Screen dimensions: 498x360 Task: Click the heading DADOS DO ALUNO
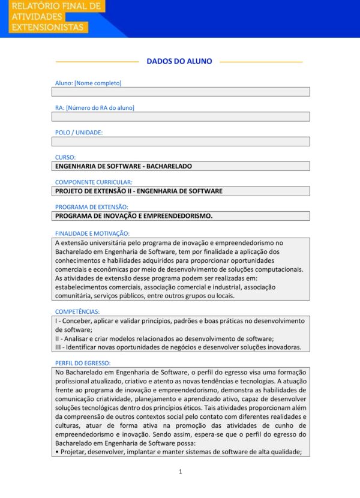coord(179,61)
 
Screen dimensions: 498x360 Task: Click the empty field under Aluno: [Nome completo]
coord(181,92)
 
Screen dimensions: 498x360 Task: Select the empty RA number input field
coord(181,116)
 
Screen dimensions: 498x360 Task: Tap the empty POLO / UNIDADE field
coord(181,142)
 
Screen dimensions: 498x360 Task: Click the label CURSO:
coord(65,157)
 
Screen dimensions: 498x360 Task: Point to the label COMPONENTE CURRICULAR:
coord(94,182)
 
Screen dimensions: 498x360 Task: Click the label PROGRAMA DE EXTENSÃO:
coord(92,207)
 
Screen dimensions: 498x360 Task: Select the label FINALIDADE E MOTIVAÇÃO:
coord(92,233)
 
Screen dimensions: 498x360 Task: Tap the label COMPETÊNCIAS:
coord(77,311)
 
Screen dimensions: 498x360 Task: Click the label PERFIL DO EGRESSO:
coord(83,363)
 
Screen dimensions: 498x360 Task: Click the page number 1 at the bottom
coord(180,472)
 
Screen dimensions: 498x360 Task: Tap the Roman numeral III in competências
coord(58,347)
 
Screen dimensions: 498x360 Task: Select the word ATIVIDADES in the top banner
coord(37,17)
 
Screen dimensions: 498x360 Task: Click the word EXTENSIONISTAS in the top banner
coord(48,28)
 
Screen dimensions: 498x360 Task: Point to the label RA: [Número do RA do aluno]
coord(95,108)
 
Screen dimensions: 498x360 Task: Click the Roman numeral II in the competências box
coord(57,338)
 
